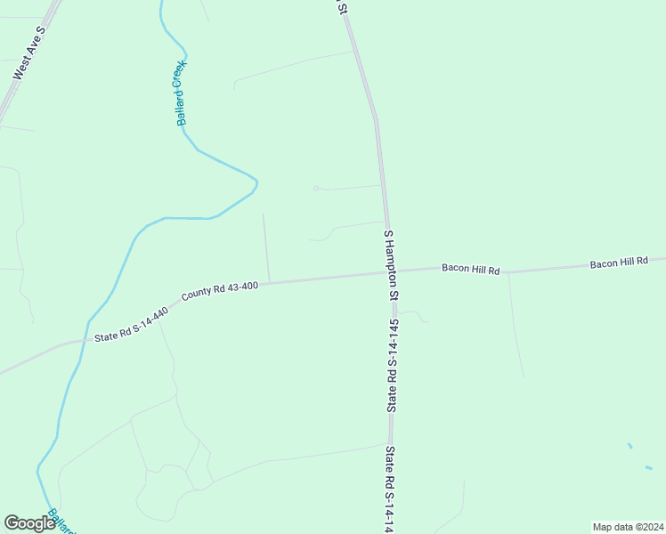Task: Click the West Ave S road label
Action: (x=29, y=53)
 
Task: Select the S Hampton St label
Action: (x=391, y=263)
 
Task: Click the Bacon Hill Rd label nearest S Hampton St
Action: (x=471, y=269)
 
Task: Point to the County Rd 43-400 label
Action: (x=219, y=291)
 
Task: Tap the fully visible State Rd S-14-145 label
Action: (x=391, y=365)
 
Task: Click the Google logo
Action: (x=29, y=523)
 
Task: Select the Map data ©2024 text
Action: (x=628, y=526)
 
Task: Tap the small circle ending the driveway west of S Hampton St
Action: (x=315, y=188)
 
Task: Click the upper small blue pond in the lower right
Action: (x=629, y=445)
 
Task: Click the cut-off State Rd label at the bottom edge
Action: (x=389, y=489)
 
